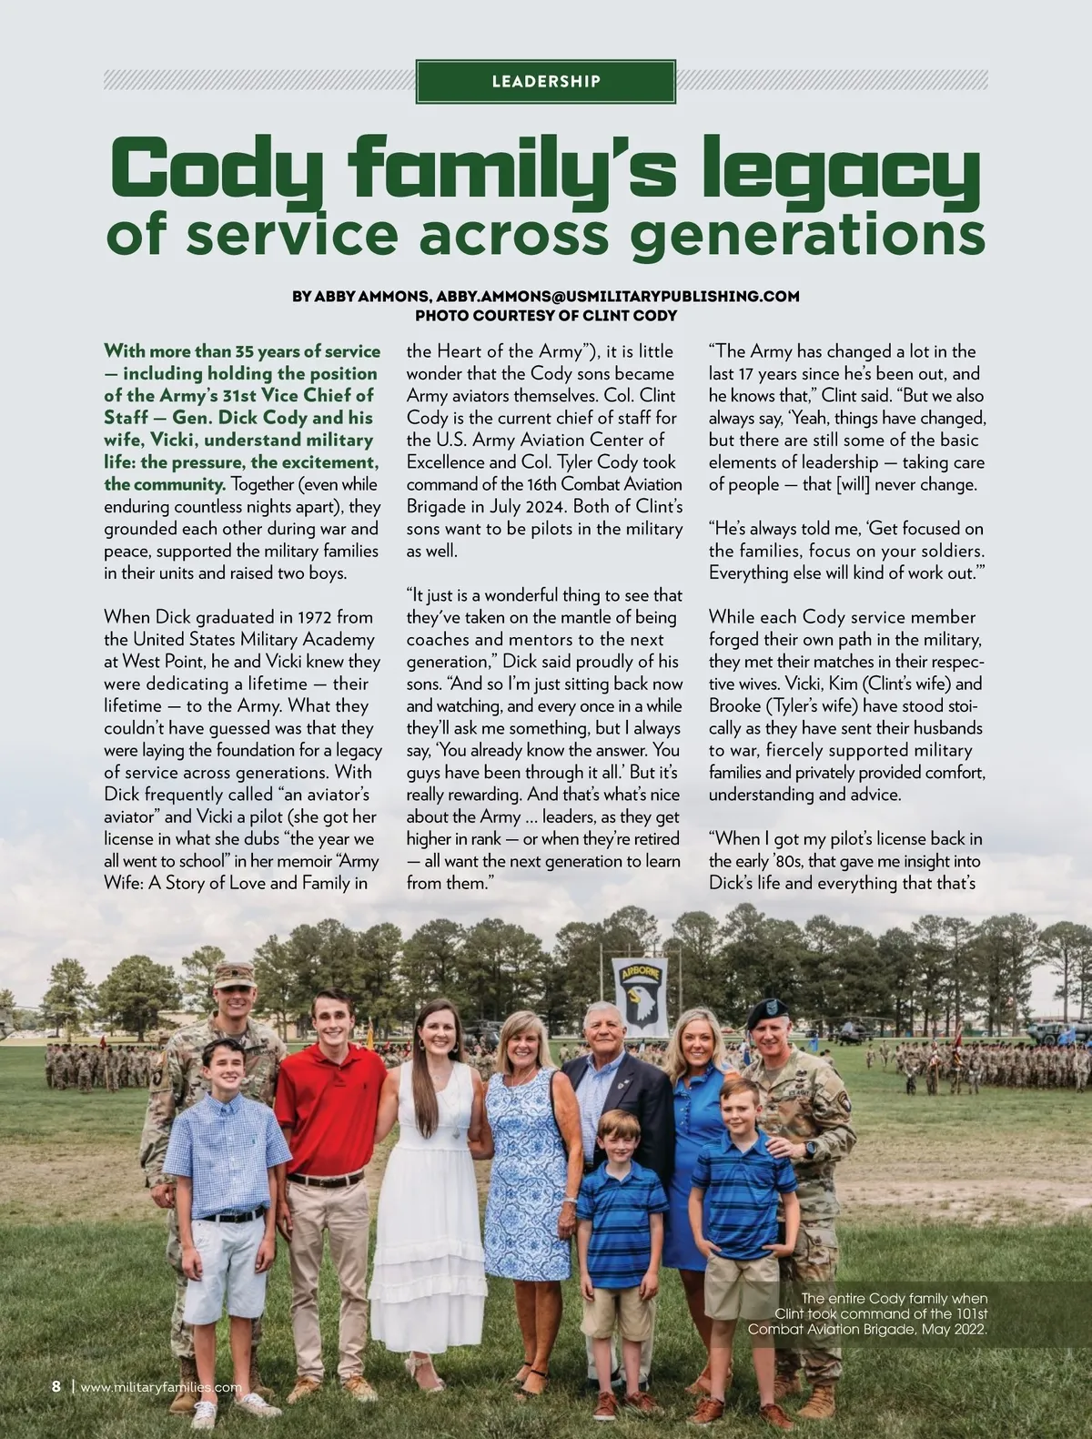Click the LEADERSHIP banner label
tap(546, 82)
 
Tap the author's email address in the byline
tap(618, 297)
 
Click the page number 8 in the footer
tap(56, 1387)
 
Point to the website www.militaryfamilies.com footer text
tap(161, 1388)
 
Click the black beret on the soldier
tap(766, 1013)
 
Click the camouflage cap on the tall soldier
tap(234, 975)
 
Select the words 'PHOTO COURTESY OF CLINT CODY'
tap(546, 316)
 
